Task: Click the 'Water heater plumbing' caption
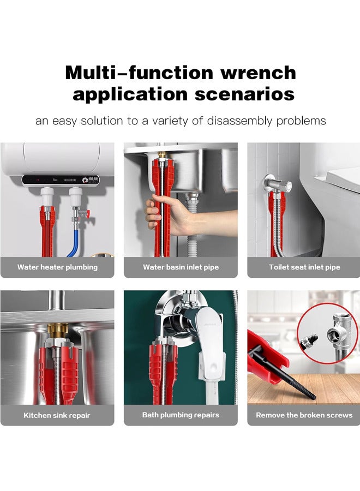(x=57, y=267)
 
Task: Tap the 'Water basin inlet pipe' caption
(x=181, y=267)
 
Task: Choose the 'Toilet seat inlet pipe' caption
(x=304, y=267)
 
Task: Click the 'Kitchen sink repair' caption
(x=57, y=415)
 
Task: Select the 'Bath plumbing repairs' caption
(x=181, y=415)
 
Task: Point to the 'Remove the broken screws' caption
(x=304, y=415)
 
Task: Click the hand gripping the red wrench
(x=164, y=215)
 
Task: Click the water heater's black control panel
(x=60, y=179)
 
